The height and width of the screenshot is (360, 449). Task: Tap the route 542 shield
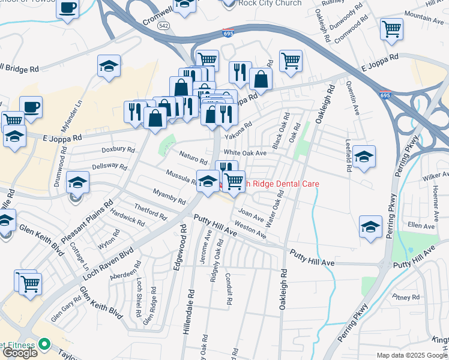(x=163, y=26)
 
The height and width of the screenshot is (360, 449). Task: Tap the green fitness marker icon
(x=44, y=344)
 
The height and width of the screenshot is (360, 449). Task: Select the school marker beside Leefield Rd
(x=364, y=158)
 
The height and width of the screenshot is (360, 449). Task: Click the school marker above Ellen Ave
(x=370, y=227)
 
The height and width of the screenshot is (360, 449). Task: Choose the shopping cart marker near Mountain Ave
(x=391, y=28)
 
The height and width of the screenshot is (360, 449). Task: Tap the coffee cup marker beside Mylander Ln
(x=31, y=107)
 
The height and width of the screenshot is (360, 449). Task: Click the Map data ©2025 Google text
(x=411, y=355)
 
